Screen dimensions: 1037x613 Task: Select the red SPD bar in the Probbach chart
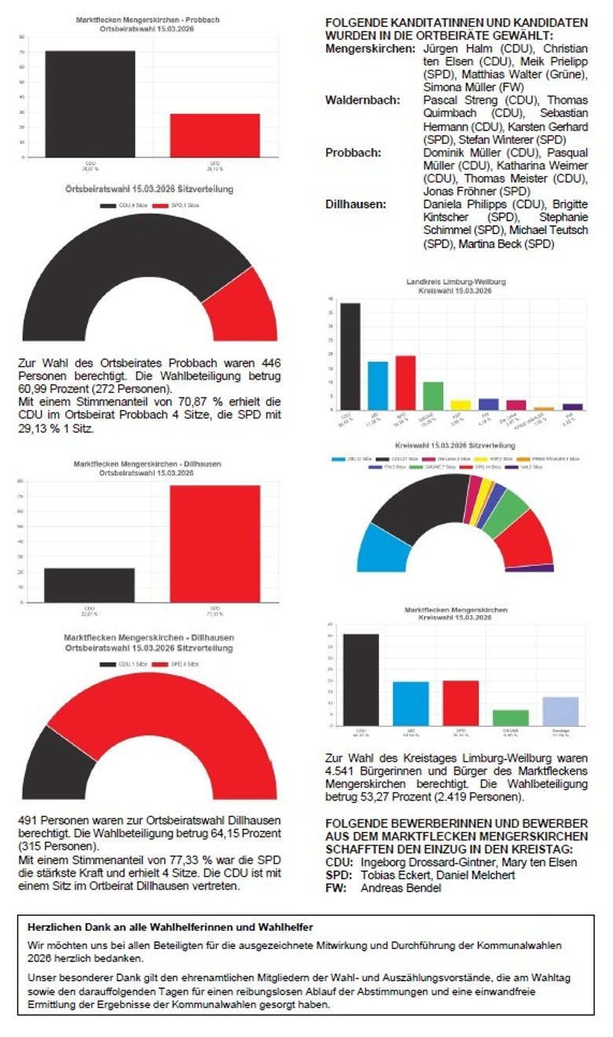tap(215, 135)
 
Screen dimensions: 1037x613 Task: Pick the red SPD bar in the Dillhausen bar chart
tap(215, 543)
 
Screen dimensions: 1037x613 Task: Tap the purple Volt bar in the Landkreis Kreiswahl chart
tap(573, 407)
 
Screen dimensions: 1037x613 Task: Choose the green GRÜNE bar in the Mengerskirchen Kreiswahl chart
tap(511, 716)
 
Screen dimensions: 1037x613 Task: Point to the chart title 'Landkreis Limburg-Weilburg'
tap(456, 281)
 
